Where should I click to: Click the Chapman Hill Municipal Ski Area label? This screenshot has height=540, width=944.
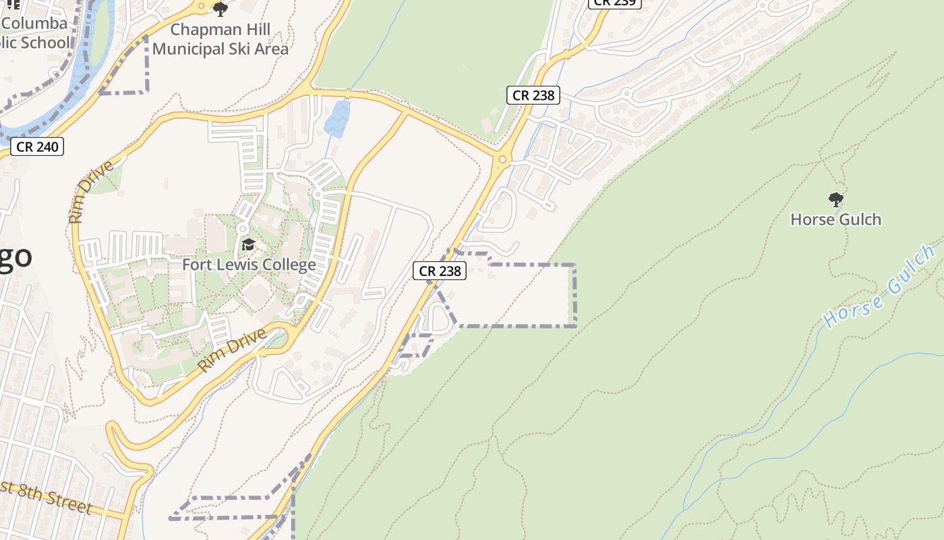(x=220, y=39)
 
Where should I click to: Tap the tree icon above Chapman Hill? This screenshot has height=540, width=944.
(x=220, y=9)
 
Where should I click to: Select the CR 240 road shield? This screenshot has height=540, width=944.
(x=37, y=146)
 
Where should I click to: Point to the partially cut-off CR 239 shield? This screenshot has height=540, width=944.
(x=615, y=3)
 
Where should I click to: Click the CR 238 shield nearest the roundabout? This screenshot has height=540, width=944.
(x=533, y=95)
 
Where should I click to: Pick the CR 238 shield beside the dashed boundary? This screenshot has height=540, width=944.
(x=440, y=271)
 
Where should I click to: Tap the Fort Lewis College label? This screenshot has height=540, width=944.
(x=249, y=265)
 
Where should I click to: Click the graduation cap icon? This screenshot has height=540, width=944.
(x=248, y=244)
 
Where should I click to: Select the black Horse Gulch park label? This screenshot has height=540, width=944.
(x=835, y=219)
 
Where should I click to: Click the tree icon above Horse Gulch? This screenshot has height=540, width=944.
(x=835, y=200)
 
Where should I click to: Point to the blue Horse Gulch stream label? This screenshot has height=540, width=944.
(x=880, y=287)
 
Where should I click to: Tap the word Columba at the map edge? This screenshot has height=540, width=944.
(x=34, y=24)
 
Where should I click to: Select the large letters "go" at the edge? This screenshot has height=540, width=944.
(x=15, y=257)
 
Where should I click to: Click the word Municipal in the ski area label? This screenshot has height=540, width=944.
(x=190, y=49)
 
